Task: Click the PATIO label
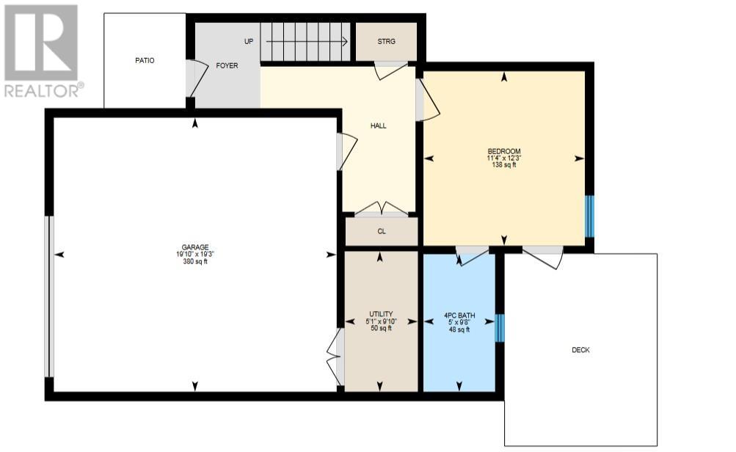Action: click(145, 61)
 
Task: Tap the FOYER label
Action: click(227, 66)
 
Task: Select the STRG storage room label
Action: click(386, 41)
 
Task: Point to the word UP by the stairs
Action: click(249, 41)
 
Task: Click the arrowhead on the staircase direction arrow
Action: click(345, 41)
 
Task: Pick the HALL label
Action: click(379, 125)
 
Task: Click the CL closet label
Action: click(382, 231)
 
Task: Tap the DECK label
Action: click(580, 350)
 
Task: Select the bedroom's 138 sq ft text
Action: click(504, 165)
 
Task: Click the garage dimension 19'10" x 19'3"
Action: click(195, 255)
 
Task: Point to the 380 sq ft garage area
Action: click(195, 261)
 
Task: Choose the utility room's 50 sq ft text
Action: click(381, 328)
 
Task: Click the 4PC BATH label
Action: click(459, 316)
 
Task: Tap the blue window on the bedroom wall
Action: click(589, 216)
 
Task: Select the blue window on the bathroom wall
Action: click(500, 327)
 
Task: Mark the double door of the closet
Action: click(381, 209)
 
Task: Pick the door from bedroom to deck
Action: click(543, 257)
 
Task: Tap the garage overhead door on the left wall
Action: click(49, 296)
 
